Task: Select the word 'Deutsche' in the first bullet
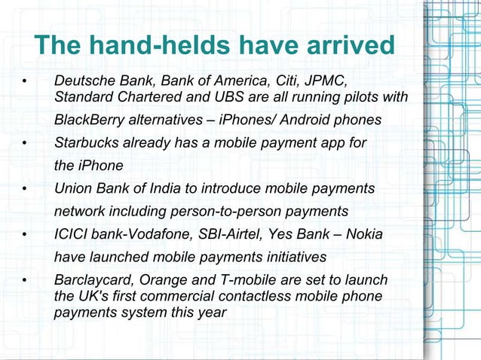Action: pyautogui.click(x=82, y=81)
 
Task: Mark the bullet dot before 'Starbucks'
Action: pyautogui.click(x=25, y=143)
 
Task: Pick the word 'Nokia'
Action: pyautogui.click(x=363, y=235)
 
